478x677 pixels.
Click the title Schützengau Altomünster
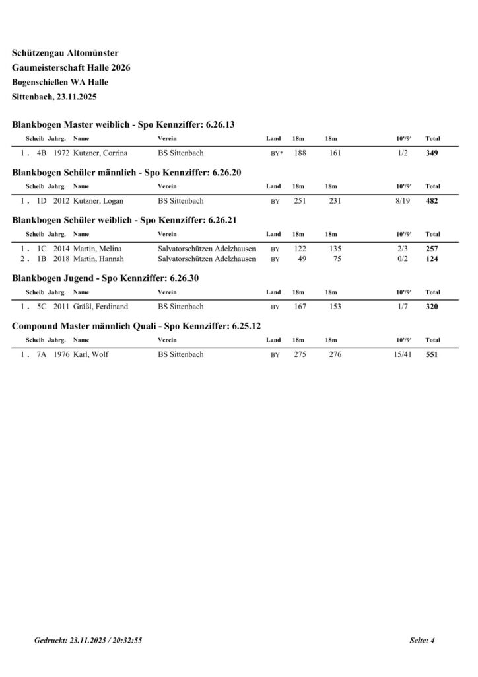coord(65,53)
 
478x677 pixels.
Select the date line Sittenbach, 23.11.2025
coord(55,97)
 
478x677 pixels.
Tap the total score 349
coord(432,153)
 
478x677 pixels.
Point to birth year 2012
coord(61,201)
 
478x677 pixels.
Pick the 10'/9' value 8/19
coord(402,201)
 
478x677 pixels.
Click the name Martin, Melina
coord(97,249)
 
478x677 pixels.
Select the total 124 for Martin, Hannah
coord(432,259)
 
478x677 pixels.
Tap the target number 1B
coord(42,259)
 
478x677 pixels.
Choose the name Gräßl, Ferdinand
coord(101,307)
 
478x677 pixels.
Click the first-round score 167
coord(300,307)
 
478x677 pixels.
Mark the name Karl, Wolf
coord(91,354)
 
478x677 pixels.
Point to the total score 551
coord(432,354)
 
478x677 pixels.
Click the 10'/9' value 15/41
coord(400,354)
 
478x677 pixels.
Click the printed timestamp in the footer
coord(88,641)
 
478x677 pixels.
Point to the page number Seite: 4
coord(423,641)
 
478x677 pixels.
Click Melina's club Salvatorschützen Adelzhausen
coord(207,249)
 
